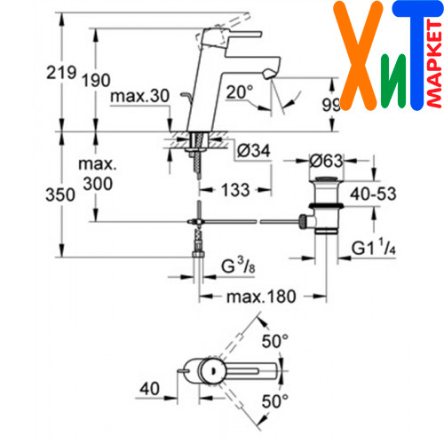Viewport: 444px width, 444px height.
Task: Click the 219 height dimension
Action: point(61,73)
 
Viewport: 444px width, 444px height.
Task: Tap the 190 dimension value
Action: point(96,80)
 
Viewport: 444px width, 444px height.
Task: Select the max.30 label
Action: point(139,96)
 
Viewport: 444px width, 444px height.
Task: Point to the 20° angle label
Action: point(240,91)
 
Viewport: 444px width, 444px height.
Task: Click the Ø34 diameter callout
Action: point(254,151)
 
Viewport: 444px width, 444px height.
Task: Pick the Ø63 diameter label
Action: point(326,161)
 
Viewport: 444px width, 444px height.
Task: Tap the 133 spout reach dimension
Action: point(235,190)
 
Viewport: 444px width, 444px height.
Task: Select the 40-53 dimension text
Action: point(373,194)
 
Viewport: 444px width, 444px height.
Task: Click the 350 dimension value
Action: point(60,194)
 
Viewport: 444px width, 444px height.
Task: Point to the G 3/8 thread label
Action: point(238,266)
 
